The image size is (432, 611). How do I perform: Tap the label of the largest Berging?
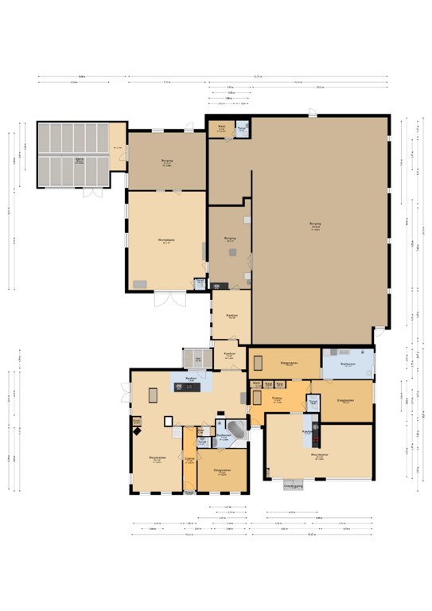tap(315, 225)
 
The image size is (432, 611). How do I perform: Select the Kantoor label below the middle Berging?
tap(232, 317)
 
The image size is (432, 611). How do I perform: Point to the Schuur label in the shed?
tap(80, 160)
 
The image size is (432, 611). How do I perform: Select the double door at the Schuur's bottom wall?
tap(93, 193)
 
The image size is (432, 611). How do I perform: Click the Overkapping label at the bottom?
tap(294, 483)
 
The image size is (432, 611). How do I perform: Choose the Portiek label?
tap(228, 354)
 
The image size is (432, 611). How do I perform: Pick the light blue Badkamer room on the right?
tap(347, 364)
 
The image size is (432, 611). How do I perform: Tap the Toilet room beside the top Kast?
tap(241, 128)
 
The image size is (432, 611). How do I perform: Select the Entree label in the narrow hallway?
tap(189, 460)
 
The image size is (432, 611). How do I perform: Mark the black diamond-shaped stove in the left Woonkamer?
tap(138, 431)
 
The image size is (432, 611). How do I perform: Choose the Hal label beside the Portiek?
tap(198, 360)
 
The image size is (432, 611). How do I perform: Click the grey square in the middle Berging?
tap(232, 252)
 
